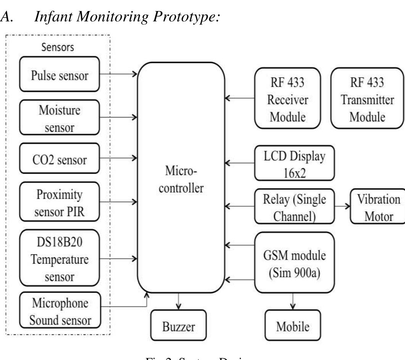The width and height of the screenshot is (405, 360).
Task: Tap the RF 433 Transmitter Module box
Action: click(x=367, y=98)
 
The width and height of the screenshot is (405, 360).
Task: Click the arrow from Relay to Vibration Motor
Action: click(x=342, y=207)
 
